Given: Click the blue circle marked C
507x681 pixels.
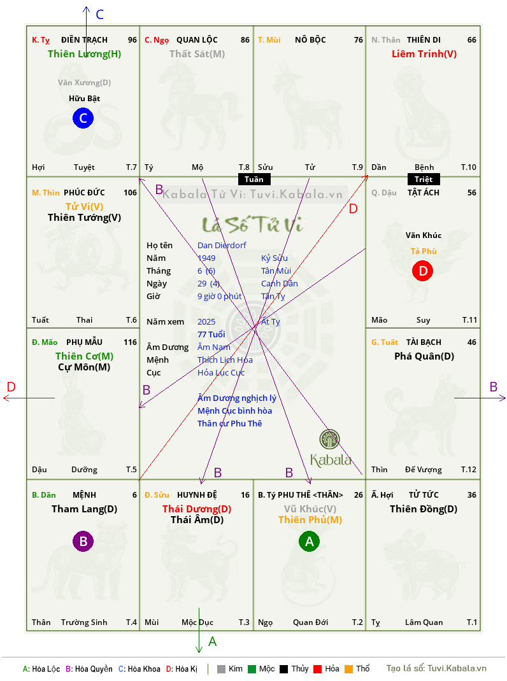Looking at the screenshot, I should [83, 118].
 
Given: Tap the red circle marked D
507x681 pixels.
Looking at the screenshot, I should [422, 271].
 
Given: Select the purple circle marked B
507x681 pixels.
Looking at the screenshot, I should [83, 542].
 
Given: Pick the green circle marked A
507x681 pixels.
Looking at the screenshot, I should [310, 542].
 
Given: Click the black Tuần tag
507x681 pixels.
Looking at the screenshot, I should [253, 179].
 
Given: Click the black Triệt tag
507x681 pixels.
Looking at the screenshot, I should [424, 179].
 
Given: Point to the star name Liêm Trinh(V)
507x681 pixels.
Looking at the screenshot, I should [424, 54].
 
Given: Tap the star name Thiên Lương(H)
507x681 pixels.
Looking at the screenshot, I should [84, 54].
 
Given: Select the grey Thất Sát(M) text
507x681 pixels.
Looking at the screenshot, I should [197, 54].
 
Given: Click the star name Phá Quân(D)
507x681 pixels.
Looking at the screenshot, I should [424, 356].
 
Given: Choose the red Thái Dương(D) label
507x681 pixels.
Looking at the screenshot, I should [197, 509].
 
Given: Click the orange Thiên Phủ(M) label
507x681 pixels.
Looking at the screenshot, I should [310, 519].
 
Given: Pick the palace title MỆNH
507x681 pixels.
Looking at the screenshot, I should [85, 495].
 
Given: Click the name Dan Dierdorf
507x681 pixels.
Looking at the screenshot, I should [222, 245].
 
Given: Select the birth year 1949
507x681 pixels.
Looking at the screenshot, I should [206, 258].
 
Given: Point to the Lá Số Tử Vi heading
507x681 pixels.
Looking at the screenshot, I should [253, 224].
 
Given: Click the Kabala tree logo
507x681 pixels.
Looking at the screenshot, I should [330, 440].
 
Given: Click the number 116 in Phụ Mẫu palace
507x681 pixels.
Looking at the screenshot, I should [130, 342].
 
